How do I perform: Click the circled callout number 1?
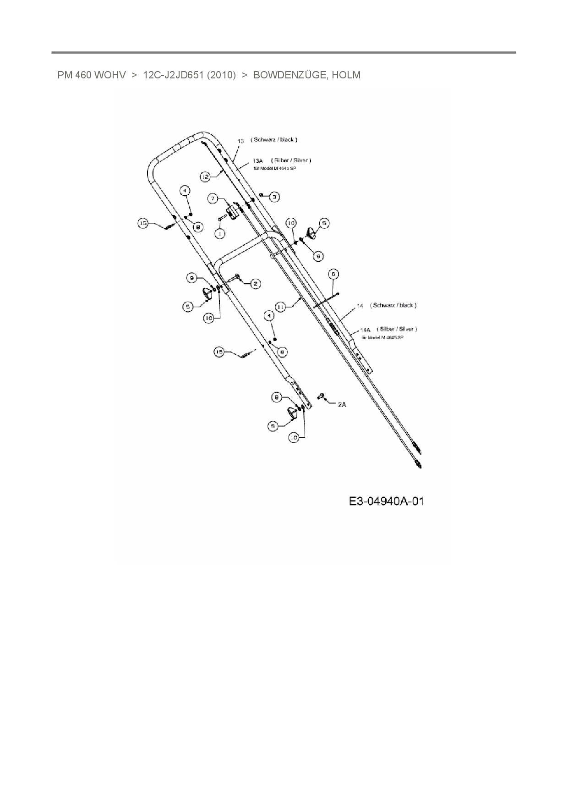(220, 234)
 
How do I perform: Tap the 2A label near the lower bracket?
(342, 405)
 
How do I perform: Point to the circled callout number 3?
(274, 197)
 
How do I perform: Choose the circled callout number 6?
(333, 274)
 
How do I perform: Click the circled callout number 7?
(213, 198)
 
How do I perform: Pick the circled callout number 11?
(281, 306)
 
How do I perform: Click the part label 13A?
(258, 161)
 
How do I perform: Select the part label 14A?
(365, 330)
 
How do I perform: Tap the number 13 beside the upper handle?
(240, 141)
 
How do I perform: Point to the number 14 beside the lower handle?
(360, 306)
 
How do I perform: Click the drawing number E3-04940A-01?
(387, 501)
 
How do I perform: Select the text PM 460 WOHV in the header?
(92, 75)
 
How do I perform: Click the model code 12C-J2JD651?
(173, 75)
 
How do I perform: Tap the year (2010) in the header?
(221, 75)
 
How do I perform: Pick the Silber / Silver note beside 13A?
(291, 160)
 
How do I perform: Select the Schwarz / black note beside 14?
(393, 305)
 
